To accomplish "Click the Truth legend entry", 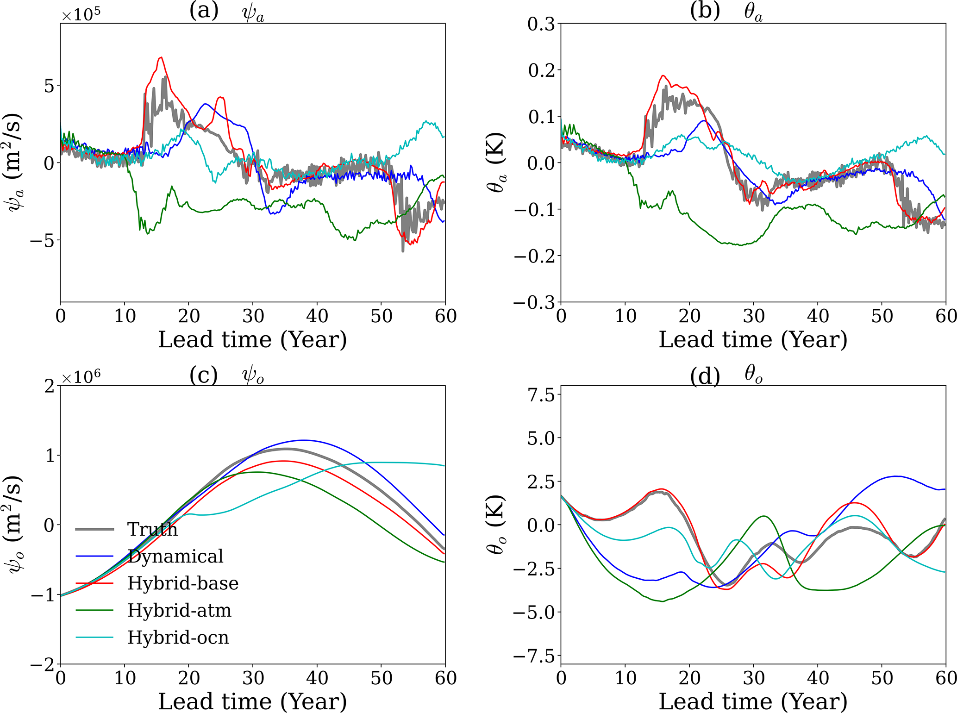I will pyautogui.click(x=152, y=529).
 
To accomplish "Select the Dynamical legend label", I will pyautogui.click(x=175, y=556).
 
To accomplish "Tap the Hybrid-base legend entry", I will pyautogui.click(x=183, y=583).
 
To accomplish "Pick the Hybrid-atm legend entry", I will pyautogui.click(x=179, y=610).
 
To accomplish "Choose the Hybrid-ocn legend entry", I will pyautogui.click(x=178, y=638).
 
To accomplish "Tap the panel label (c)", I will pyautogui.click(x=204, y=375).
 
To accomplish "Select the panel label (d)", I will pyautogui.click(x=705, y=375).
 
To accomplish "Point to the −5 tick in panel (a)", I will pyautogui.click(x=42, y=240).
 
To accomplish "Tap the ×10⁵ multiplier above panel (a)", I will pyautogui.click(x=81, y=14).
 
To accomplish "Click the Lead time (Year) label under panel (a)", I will pyautogui.click(x=252, y=339).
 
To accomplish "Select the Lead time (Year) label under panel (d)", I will pyautogui.click(x=753, y=701).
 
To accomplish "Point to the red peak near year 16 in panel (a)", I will pyautogui.click(x=161, y=57).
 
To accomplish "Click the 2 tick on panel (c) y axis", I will pyautogui.click(x=49, y=386).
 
